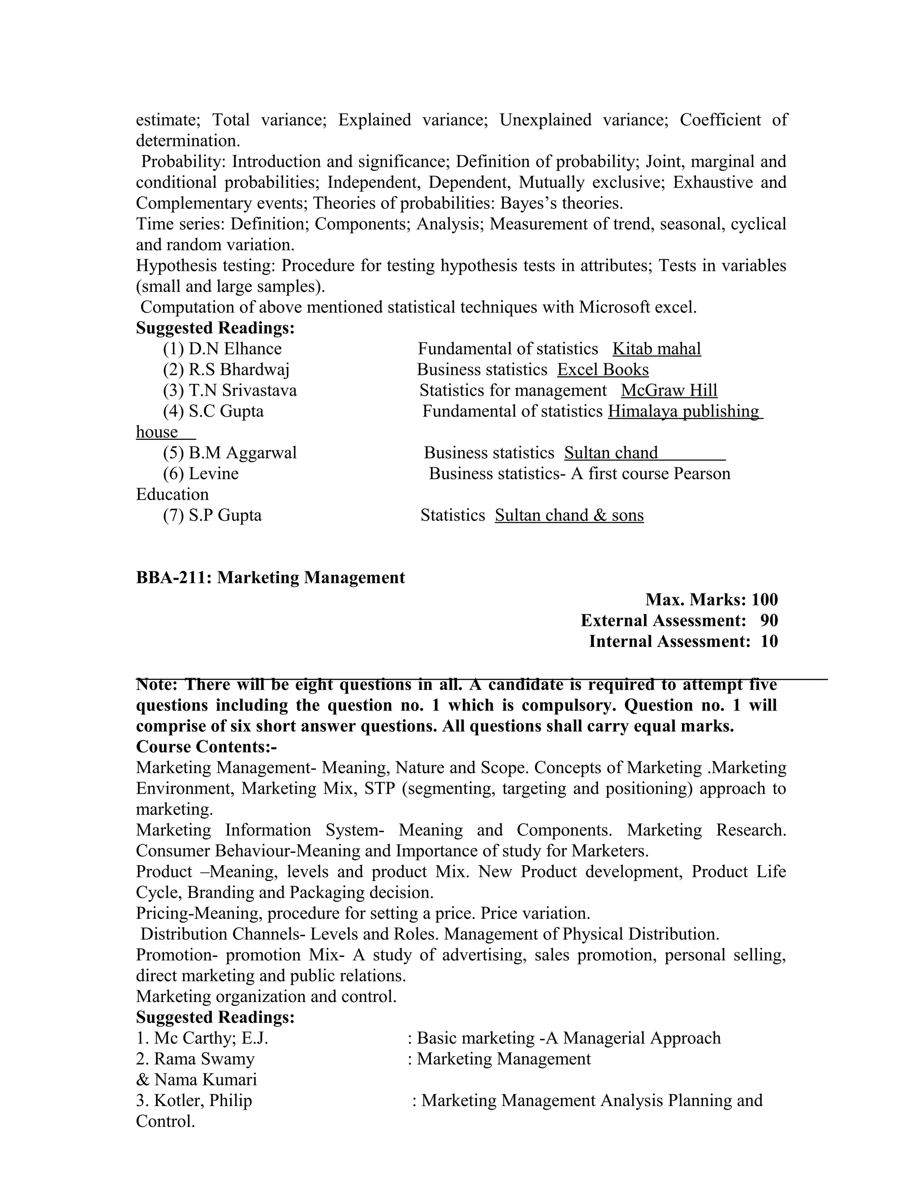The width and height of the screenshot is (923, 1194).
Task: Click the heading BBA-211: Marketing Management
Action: tap(270, 578)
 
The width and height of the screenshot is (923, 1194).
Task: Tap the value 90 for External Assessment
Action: tap(769, 620)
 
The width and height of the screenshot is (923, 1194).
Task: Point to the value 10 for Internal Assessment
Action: tap(769, 641)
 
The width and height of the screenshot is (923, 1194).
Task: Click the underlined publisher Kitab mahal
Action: tap(656, 349)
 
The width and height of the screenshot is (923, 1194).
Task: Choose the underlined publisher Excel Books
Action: tap(603, 369)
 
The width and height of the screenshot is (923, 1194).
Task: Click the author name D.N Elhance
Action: tap(235, 349)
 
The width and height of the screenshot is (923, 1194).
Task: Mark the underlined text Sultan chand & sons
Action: tap(569, 515)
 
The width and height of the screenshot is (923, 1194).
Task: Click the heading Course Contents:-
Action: tap(206, 747)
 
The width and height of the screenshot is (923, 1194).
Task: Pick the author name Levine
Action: tap(213, 474)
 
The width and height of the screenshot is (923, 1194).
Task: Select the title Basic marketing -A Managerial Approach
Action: tap(569, 1038)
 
